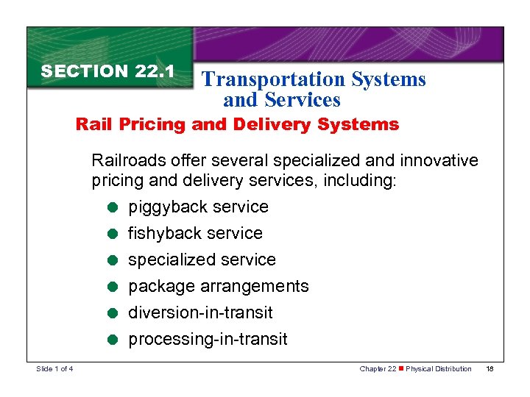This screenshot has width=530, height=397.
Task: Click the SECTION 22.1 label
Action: [107, 71]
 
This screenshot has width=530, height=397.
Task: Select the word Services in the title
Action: [305, 99]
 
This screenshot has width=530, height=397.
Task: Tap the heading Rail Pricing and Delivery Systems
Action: [237, 124]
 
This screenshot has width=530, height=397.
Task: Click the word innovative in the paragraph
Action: [439, 160]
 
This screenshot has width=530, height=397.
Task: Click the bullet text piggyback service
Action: [198, 207]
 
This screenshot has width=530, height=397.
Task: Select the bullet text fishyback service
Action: [195, 234]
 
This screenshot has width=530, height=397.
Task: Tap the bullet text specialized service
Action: [202, 260]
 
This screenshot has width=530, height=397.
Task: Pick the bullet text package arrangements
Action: [219, 287]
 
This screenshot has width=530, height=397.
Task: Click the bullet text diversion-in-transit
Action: [200, 313]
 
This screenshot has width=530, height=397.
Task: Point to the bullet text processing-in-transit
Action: [208, 340]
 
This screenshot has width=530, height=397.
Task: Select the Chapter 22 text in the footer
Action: [378, 368]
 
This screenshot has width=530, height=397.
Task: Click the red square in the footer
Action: [402, 368]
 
